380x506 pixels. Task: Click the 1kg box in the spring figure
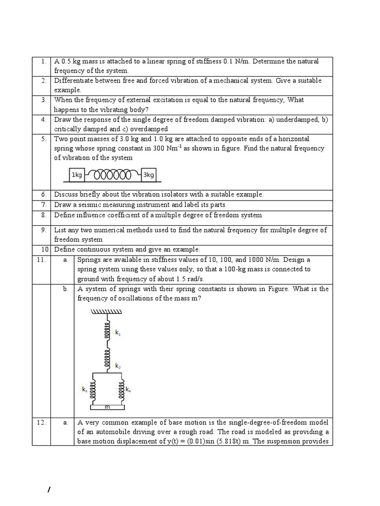pyautogui.click(x=77, y=175)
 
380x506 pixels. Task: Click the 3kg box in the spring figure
pyautogui.click(x=148, y=175)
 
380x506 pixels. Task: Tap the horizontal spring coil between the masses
pyautogui.click(x=113, y=175)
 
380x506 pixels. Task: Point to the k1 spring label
pyautogui.click(x=118, y=334)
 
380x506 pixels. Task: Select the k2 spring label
pyautogui.click(x=118, y=366)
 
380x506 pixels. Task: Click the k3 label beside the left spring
pyautogui.click(x=85, y=389)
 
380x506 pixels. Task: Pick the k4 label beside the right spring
pyautogui.click(x=128, y=389)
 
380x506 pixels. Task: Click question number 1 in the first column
pyautogui.click(x=44, y=61)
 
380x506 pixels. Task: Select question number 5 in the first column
pyautogui.click(x=44, y=139)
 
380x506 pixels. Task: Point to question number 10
pyautogui.click(x=43, y=249)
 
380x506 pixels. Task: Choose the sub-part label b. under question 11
pyautogui.click(x=65, y=289)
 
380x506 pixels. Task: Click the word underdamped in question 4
pyautogui.click(x=294, y=120)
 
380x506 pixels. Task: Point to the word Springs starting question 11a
pyautogui.click(x=89, y=259)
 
